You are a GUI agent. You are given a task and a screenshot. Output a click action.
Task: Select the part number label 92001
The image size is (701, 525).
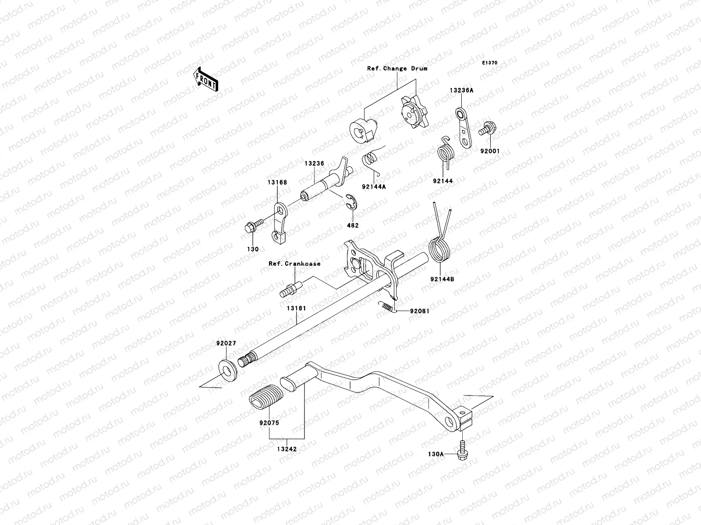(490, 151)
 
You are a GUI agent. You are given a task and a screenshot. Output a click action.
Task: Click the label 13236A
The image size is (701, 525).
(461, 91)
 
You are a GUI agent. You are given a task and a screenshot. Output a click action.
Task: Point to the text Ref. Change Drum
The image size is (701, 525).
(397, 68)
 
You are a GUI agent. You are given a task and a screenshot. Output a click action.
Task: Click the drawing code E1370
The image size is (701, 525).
(490, 63)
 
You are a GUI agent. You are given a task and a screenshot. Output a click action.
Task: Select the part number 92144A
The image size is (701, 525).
(373, 186)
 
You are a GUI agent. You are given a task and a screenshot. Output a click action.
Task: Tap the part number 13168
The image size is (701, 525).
(278, 182)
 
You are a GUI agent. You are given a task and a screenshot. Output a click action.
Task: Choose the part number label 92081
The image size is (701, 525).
(420, 311)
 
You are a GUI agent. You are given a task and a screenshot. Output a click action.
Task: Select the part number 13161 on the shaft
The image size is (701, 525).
(296, 308)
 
